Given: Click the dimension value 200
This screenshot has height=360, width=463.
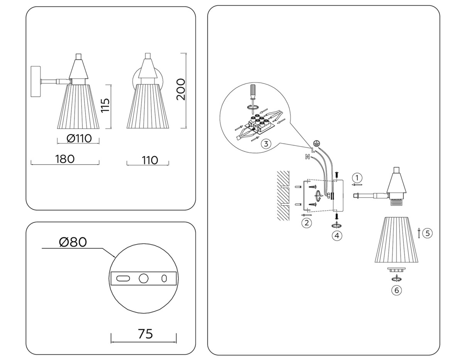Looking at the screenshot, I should click(181, 90).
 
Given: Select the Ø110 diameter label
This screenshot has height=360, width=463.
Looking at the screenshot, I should click(79, 138).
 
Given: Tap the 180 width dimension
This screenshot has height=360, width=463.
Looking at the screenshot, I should click(65, 159).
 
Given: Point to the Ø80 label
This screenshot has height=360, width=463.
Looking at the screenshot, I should click(73, 242).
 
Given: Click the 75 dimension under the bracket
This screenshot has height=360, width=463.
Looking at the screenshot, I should click(145, 333).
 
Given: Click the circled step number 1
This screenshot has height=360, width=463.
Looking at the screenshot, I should click(358, 177).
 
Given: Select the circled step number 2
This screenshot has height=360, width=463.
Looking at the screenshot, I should click(306, 223).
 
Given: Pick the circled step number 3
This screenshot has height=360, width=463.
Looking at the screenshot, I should click(265, 144).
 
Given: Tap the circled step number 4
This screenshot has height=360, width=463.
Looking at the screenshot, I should click(337, 235).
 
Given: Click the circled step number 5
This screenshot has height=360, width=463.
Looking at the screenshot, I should click(427, 233).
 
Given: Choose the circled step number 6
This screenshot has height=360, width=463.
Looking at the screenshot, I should click(396, 290).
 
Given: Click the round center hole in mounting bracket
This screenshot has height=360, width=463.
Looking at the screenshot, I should click(144, 278).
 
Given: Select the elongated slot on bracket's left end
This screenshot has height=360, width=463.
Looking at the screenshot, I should click(123, 278).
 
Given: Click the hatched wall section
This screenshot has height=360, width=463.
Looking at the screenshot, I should click(283, 195).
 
